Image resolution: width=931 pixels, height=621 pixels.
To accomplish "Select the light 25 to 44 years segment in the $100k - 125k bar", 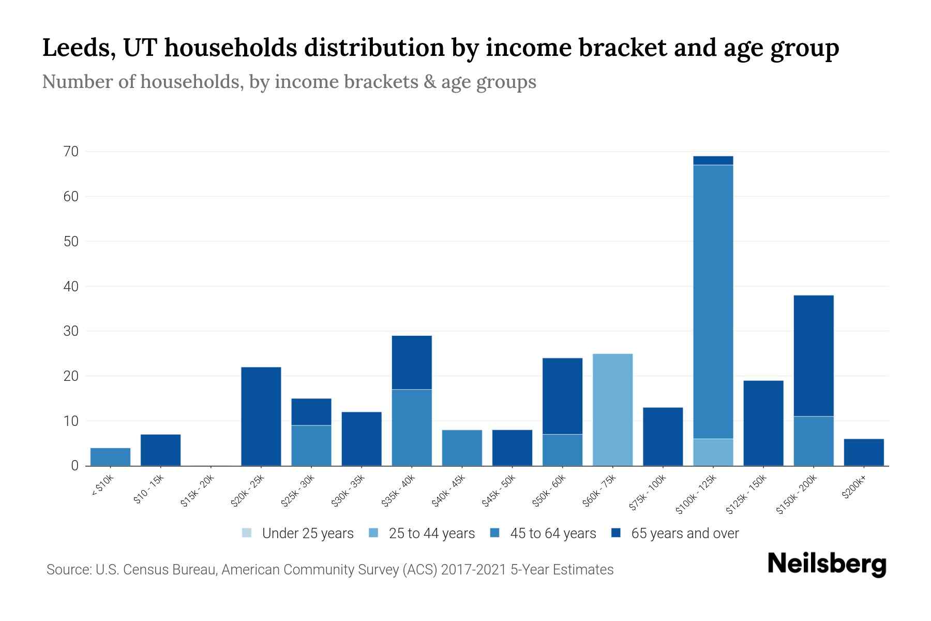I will pyautogui.click(x=713, y=452).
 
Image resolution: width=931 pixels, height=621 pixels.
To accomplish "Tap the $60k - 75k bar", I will pyautogui.click(x=612, y=410).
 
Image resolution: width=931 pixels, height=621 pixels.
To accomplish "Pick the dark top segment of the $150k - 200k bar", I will pyautogui.click(x=813, y=356).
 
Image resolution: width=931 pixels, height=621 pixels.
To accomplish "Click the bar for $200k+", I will pyautogui.click(x=863, y=452).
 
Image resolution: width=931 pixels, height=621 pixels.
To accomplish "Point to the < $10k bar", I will pyautogui.click(x=110, y=457).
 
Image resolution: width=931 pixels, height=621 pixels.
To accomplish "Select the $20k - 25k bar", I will pyautogui.click(x=261, y=417).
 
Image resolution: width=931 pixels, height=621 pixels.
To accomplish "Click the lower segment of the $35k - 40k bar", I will pyautogui.click(x=412, y=427).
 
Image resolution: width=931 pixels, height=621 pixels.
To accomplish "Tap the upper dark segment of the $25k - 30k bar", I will pyautogui.click(x=311, y=412).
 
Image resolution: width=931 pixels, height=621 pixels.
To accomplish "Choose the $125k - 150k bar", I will pyautogui.click(x=763, y=423).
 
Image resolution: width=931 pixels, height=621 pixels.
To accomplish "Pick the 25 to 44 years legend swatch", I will pyautogui.click(x=373, y=533).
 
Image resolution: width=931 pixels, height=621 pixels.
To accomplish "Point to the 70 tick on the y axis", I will pyautogui.click(x=71, y=152).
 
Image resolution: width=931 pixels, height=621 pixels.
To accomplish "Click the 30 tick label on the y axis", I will pyautogui.click(x=71, y=331).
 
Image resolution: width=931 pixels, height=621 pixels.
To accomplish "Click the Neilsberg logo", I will pyautogui.click(x=827, y=564).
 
